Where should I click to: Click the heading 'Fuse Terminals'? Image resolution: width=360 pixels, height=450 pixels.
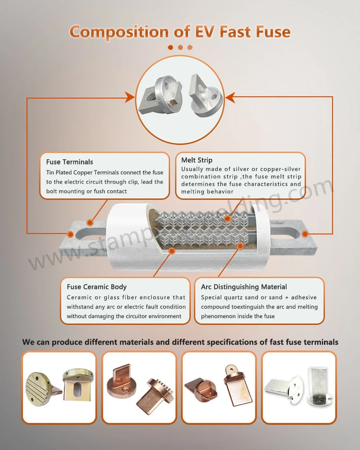pos(69,162)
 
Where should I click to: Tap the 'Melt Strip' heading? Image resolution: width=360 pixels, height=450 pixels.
pos(197,160)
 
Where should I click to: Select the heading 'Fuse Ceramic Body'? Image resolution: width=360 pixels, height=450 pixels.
pos(97,287)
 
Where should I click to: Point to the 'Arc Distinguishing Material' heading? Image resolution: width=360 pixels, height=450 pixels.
pos(244,287)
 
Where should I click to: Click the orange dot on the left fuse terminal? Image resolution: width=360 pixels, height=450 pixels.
pos(70,234)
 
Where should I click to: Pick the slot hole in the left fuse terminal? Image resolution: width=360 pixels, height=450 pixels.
pos(88,229)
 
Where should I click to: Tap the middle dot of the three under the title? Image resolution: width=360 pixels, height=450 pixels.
pos(180,47)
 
